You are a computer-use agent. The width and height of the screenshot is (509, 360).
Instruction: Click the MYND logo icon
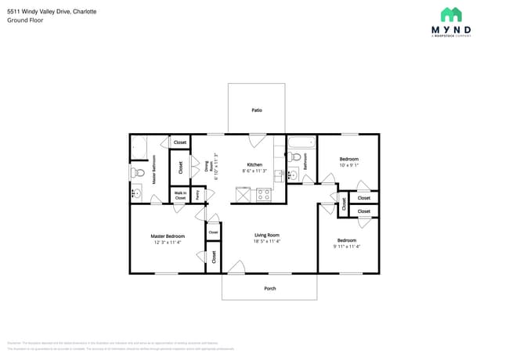pos(450,14)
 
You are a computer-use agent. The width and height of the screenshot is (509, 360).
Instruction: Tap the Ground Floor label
pos(25,20)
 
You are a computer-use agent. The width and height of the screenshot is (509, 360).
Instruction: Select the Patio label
pos(257,110)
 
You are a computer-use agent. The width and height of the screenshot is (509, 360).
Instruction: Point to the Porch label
pos(269,288)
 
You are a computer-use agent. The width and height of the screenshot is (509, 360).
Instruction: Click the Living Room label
pos(267,235)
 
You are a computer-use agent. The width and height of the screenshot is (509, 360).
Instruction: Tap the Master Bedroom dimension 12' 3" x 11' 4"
pos(168,243)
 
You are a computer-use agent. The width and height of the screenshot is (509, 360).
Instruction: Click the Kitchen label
pos(254,164)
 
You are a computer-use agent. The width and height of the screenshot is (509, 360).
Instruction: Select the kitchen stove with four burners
pos(264,194)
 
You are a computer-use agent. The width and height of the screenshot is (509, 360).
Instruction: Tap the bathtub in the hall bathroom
pos(301,142)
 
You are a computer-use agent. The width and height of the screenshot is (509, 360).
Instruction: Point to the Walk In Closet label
pos(180,196)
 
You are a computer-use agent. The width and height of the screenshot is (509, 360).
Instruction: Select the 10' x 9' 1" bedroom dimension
pos(348,165)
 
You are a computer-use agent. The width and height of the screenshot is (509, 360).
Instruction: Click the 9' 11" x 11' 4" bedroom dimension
pos(348,247)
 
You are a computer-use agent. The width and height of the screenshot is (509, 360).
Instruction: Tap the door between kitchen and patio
pos(257,140)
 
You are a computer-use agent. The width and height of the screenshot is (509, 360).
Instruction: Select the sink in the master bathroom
pos(136,193)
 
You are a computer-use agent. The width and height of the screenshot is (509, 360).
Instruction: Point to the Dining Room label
pos(207,166)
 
